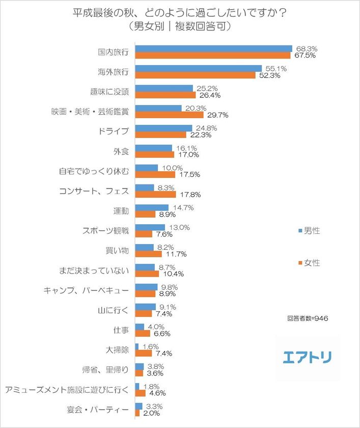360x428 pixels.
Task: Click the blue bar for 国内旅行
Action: coord(214,48)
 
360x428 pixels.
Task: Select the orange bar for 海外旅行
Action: coord(196,75)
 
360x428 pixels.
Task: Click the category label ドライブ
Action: coord(115,131)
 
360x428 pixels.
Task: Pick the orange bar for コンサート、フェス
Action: coord(156,195)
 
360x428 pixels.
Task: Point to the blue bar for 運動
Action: coord(152,207)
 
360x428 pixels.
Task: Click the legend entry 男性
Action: coord(309,231)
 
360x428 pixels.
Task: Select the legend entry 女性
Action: coord(309,263)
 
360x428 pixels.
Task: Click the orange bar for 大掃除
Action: coord(144,353)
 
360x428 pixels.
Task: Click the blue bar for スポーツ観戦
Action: coord(150,227)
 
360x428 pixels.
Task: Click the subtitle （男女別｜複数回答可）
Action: coord(179,26)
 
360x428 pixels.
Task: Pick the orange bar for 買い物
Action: coord(148,254)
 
